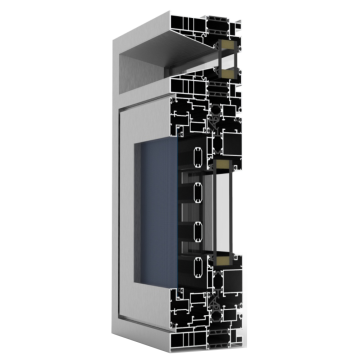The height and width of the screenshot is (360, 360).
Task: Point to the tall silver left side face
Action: coord(107,200)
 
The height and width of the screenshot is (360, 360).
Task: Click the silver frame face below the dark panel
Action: coord(150,300)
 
